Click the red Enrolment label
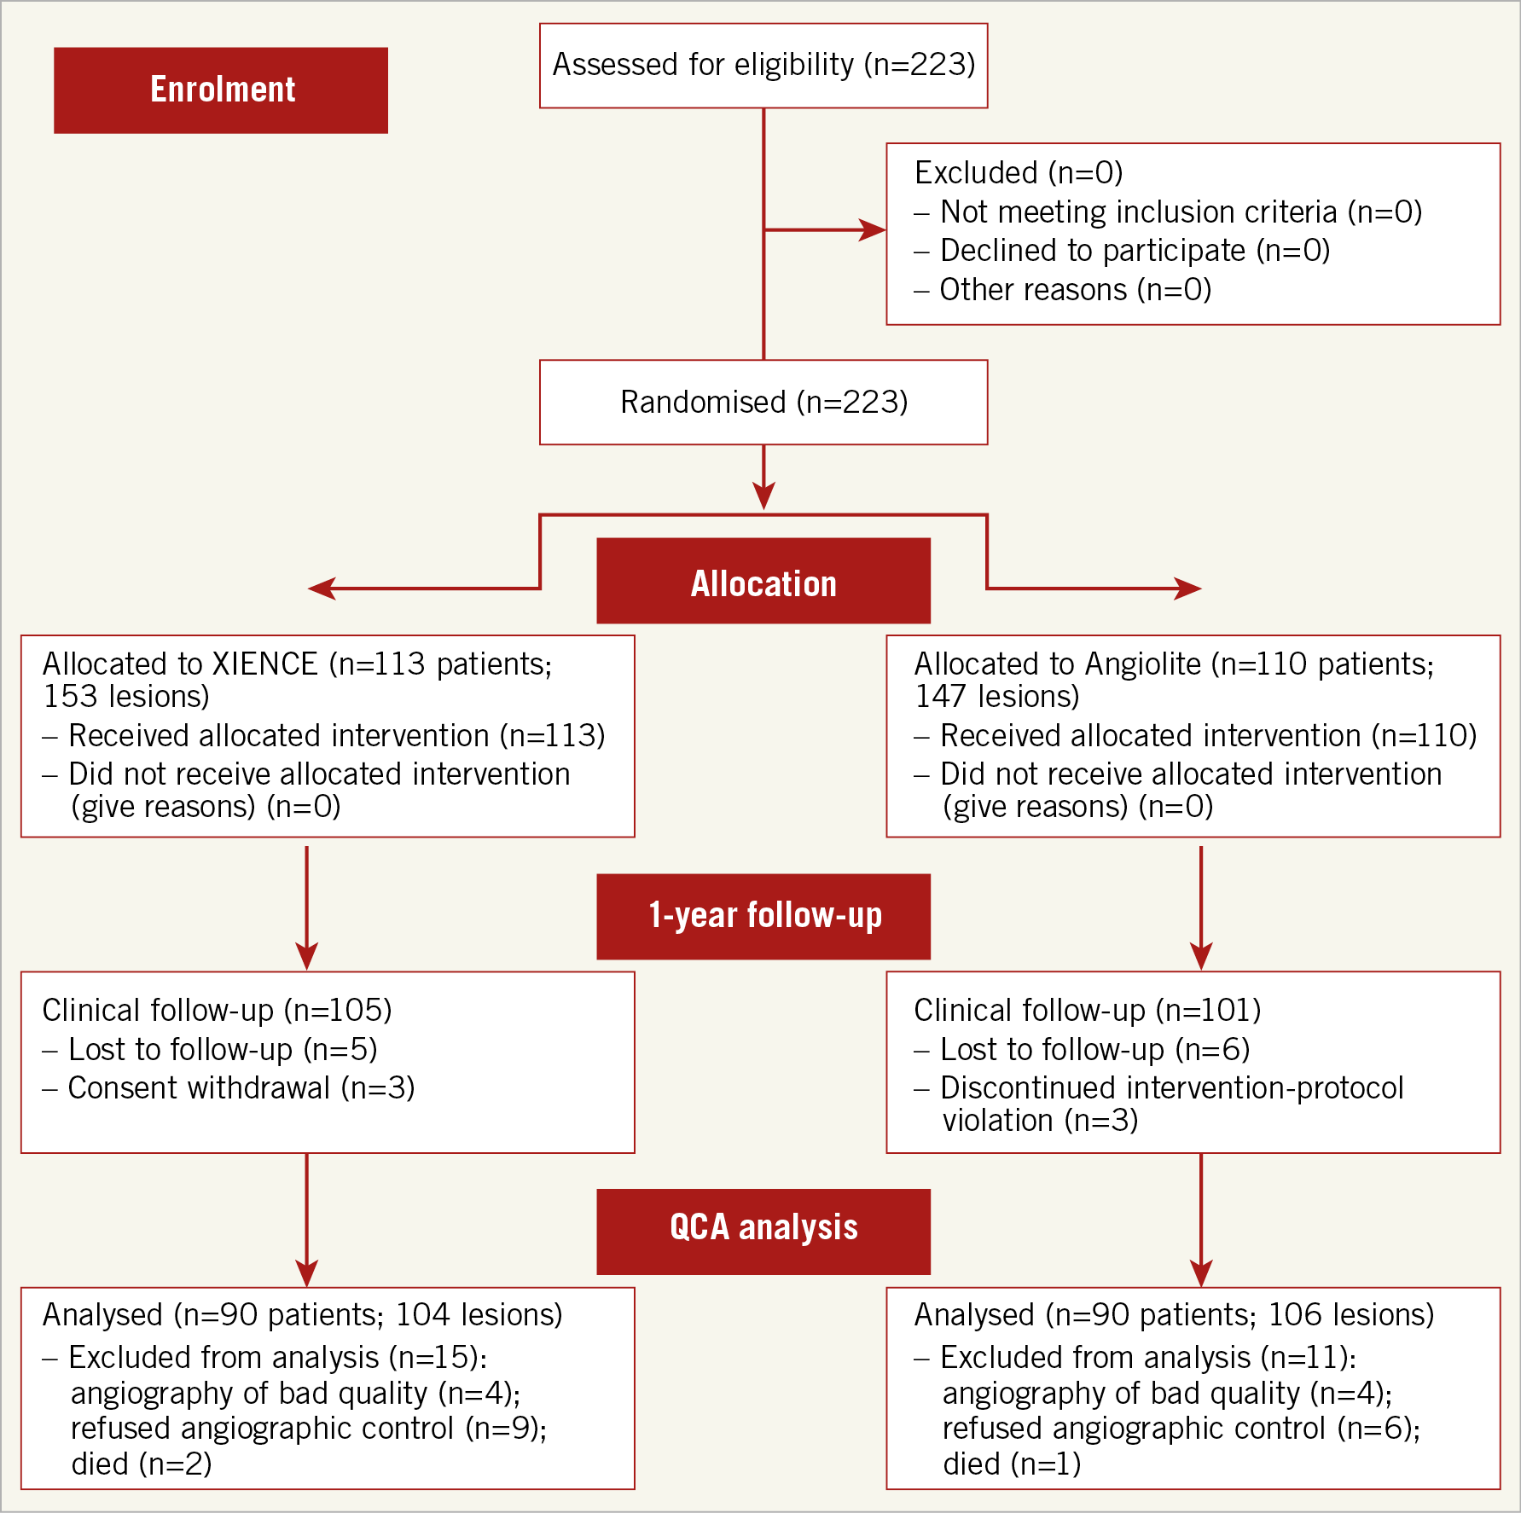tap(221, 90)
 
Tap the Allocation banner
tap(763, 581)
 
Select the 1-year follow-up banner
tap(763, 917)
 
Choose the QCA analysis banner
tap(763, 1232)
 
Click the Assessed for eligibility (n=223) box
tap(763, 66)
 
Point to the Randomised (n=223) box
tap(763, 403)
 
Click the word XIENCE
tap(265, 664)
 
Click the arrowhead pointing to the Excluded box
tap(873, 229)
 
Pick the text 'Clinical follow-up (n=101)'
tap(1087, 1011)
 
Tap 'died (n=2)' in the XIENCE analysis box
tap(142, 1464)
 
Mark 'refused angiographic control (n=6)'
tap(1181, 1429)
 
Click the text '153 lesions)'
tap(126, 697)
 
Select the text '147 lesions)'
tap(997, 697)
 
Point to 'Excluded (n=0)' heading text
tap(1019, 173)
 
